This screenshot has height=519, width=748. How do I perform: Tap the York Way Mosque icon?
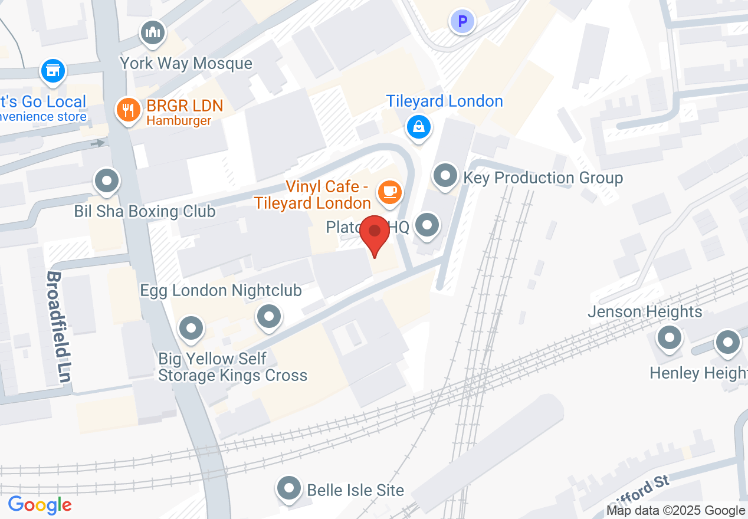[x=153, y=33]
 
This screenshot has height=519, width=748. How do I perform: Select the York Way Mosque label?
[x=186, y=63]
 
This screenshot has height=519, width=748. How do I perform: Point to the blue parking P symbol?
[x=462, y=22]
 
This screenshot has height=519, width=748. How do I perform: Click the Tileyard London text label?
[x=444, y=101]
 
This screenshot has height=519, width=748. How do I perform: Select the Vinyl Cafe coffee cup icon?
[x=389, y=192]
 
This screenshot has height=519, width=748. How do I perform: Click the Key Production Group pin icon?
[x=445, y=176]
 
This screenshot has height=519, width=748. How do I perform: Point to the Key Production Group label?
[x=543, y=178]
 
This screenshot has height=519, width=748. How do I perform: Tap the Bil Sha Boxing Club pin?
[x=107, y=180]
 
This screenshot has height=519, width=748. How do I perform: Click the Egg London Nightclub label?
[x=221, y=290]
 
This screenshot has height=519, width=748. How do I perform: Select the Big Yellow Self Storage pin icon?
[x=191, y=328]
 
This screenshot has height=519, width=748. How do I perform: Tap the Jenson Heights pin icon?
[x=669, y=338]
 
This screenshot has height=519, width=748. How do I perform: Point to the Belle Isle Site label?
[x=355, y=490]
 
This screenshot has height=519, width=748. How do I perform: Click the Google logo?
[x=40, y=505]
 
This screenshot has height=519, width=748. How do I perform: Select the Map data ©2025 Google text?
[x=675, y=511]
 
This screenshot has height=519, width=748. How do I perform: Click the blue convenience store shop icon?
[x=53, y=71]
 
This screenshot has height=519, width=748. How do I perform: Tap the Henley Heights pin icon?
[x=727, y=342]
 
